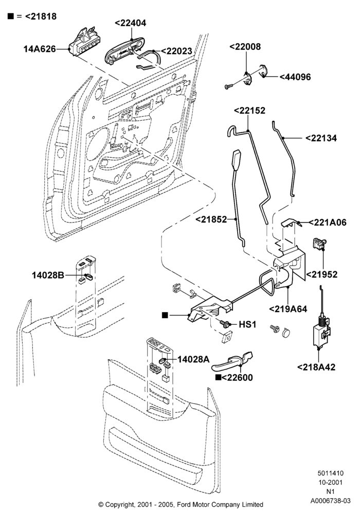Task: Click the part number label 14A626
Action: click(40, 49)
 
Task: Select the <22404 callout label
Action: click(131, 23)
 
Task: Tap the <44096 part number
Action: click(295, 77)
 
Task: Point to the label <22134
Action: click(321, 138)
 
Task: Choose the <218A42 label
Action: click(316, 367)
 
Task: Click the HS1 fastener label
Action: click(247, 324)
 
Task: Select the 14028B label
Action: click(48, 275)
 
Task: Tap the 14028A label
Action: click(193, 359)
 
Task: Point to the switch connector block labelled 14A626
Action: click(84, 42)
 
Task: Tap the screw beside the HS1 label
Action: click(224, 324)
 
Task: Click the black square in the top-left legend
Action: click(11, 16)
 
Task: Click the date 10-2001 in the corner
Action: click(330, 483)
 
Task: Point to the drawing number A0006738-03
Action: click(331, 501)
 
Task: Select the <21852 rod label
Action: click(211, 219)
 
